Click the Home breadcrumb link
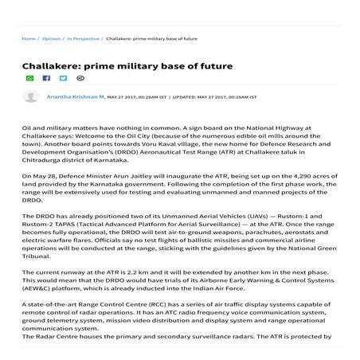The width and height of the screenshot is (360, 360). click(29, 37)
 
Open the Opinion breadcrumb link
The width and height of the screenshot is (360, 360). click(51, 37)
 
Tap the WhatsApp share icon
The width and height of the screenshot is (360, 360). click(30, 78)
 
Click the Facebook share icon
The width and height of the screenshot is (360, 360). click(46, 78)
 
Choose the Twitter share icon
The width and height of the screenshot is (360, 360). click(63, 78)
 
